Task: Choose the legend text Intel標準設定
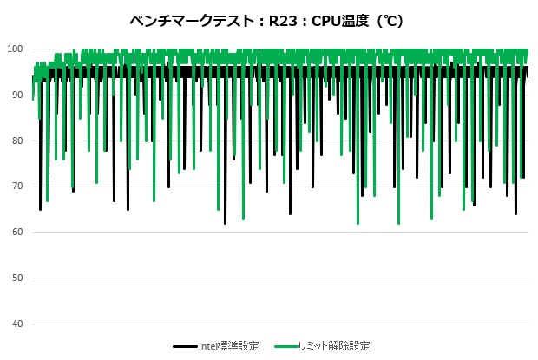coord(228,345)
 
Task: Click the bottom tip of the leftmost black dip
coord(40,209)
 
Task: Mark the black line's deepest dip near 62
coord(225,223)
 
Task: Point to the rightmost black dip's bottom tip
coord(515,213)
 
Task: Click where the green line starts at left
coord(33,99)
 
